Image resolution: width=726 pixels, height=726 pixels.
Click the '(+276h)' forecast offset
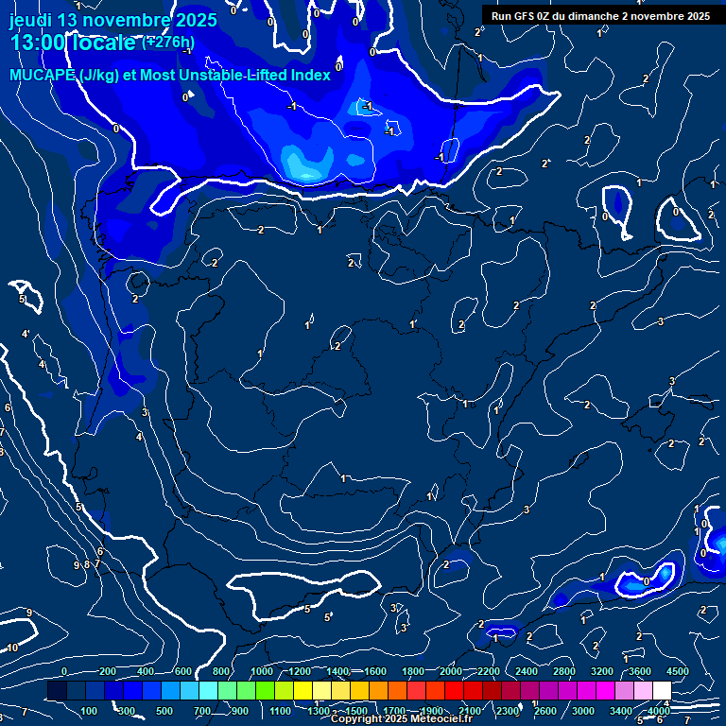(168, 42)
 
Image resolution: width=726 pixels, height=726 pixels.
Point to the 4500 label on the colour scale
(677, 671)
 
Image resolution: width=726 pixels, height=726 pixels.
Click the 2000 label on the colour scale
(451, 671)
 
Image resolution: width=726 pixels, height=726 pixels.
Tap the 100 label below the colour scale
(90, 711)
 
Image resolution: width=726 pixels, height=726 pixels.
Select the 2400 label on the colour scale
(527, 671)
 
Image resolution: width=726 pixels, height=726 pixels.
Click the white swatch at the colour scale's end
(662, 691)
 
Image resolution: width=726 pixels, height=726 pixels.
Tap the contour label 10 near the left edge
(12, 648)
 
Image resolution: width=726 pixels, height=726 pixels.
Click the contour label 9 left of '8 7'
(77, 565)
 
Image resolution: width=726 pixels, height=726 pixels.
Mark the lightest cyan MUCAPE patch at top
(305, 167)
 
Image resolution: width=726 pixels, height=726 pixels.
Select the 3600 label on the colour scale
(639, 671)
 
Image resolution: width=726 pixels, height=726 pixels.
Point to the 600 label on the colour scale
(183, 671)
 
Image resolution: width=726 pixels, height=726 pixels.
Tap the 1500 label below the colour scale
(356, 711)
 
